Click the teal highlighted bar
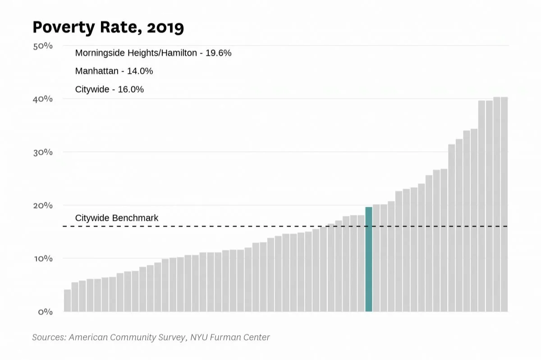368,259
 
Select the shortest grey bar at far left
67,301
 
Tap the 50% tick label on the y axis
43,46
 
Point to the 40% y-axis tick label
43,99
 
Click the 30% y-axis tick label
43,152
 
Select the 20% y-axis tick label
43,205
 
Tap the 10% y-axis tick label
43,259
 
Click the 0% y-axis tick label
45,312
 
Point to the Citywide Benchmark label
117,218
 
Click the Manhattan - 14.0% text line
114,71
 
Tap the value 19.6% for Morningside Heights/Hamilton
218,53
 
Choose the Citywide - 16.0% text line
110,90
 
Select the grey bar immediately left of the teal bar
361,264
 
